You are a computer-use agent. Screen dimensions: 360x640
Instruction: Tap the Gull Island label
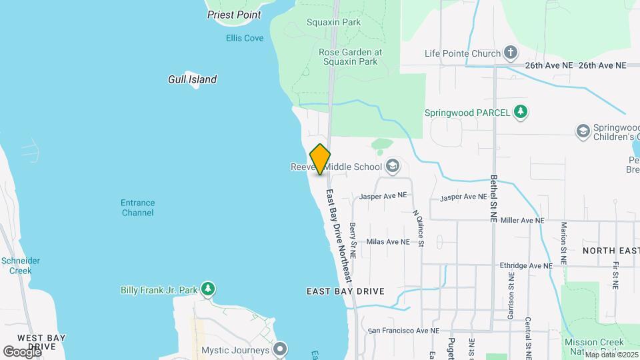pyautogui.click(x=192, y=79)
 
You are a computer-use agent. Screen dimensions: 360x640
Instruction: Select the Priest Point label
pyautogui.click(x=233, y=14)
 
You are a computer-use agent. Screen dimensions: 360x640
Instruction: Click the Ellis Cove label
pyautogui.click(x=245, y=38)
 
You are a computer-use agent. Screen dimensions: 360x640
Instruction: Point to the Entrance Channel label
pyautogui.click(x=138, y=208)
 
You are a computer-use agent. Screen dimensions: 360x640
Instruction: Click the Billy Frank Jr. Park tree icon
pyautogui.click(x=209, y=289)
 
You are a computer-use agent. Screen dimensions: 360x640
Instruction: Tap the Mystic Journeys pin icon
pyautogui.click(x=281, y=349)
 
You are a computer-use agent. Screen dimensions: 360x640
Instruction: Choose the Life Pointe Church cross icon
pyautogui.click(x=511, y=52)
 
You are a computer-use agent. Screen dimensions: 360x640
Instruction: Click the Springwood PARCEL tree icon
pyautogui.click(x=521, y=112)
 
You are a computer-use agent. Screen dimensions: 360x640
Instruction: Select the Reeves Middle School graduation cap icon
pyautogui.click(x=393, y=167)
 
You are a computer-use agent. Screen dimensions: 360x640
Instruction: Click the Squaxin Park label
pyautogui.click(x=333, y=22)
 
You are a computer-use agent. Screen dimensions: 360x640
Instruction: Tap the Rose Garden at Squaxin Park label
pyautogui.click(x=349, y=57)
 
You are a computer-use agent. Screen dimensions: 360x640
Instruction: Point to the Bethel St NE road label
pyautogui.click(x=494, y=199)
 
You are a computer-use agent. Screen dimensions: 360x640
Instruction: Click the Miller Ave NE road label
pyautogui.click(x=522, y=220)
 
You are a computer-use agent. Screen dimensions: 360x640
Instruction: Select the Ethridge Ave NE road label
pyautogui.click(x=527, y=265)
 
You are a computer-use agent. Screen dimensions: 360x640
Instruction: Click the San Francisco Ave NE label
pyautogui.click(x=404, y=331)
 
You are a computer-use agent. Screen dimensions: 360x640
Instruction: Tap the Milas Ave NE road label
pyautogui.click(x=388, y=242)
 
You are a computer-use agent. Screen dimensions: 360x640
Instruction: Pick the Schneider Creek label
pyautogui.click(x=21, y=265)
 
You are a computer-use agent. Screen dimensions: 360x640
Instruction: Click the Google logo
pyautogui.click(x=21, y=351)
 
